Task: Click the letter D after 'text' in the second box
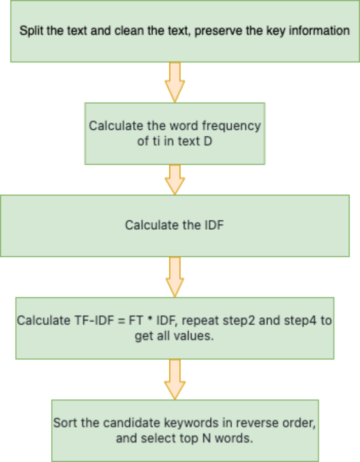tap(207, 141)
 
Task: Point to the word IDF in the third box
tap(213, 225)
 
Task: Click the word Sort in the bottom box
tap(63, 423)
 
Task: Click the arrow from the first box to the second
tap(174, 82)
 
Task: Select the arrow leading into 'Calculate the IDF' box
tap(174, 179)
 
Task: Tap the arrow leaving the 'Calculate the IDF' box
tap(174, 276)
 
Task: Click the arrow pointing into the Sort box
tap(174, 379)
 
